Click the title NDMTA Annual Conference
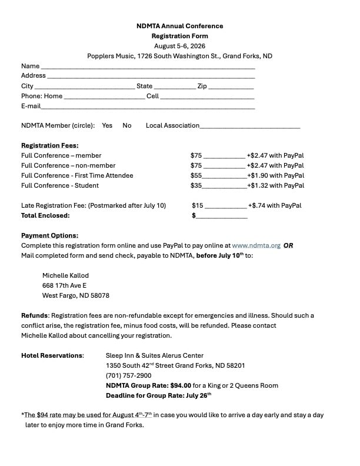coord(179,26)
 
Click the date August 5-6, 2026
coord(179,46)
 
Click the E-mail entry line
coord(148,108)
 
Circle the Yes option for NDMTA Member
coord(107,125)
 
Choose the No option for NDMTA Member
coord(127,125)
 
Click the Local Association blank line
coord(250,127)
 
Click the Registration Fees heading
coord(50,145)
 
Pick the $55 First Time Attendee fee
coord(196,175)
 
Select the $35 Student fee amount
coord(196,185)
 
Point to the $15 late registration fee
coord(198,205)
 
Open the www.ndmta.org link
coord(256,245)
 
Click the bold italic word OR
coord(288,245)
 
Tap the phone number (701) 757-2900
coord(128,375)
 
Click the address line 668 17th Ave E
coord(64,285)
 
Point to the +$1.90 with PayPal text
coord(275,175)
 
